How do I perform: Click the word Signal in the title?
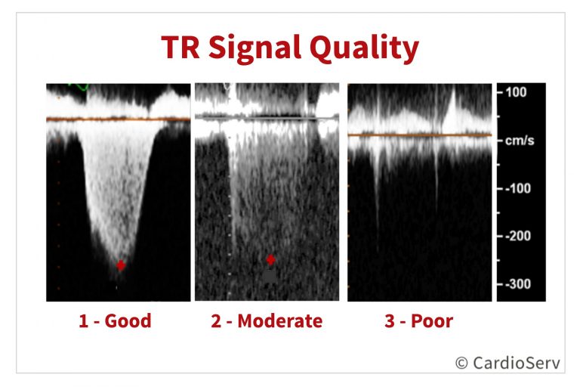pos(255,48)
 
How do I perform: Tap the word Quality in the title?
pos(364,48)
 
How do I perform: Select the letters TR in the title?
pos(181,47)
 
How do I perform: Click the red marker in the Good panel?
pos(121,265)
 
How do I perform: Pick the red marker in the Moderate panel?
pos(271,259)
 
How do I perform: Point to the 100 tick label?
pos(516,92)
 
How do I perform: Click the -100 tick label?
pos(517,188)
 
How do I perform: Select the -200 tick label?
pos(517,236)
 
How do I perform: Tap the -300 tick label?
pos(517,284)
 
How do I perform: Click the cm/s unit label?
pos(520,141)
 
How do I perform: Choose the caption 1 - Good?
pos(115,320)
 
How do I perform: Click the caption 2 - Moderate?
pos(267,320)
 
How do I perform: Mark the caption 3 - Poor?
pos(418,320)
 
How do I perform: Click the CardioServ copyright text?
pos(507,363)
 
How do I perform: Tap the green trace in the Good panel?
pos(79,87)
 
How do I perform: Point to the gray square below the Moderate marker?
pos(270,276)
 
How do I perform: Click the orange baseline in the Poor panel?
pos(419,135)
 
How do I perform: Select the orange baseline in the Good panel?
pos(119,119)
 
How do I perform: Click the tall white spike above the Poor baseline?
pos(452,110)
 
